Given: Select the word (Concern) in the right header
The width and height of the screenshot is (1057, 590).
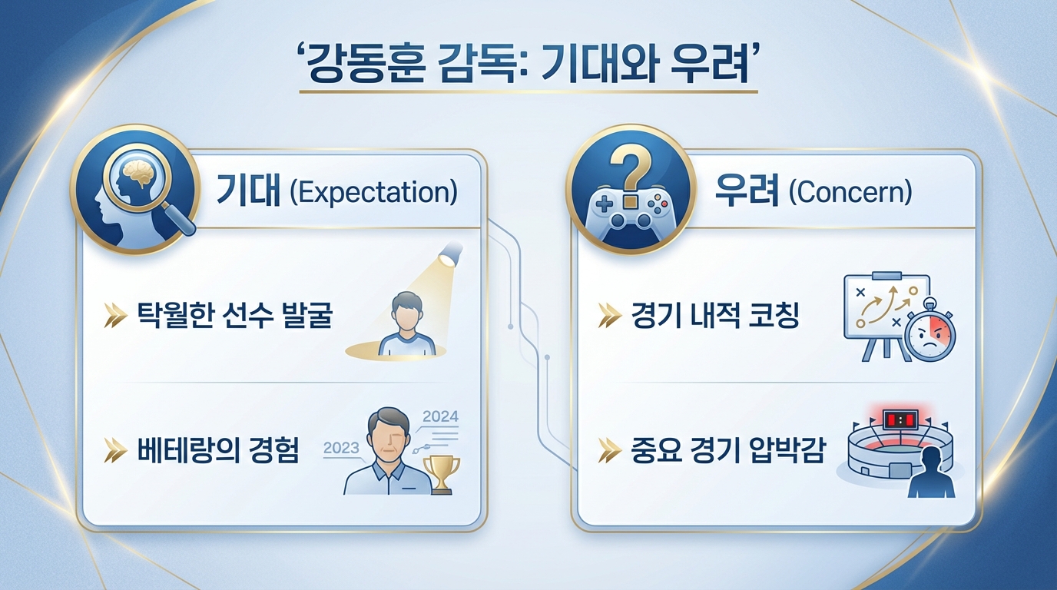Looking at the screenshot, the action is [x=850, y=193].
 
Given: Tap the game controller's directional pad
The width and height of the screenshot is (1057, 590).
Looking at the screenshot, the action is [x=605, y=204].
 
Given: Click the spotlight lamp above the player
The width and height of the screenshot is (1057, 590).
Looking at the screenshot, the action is [x=451, y=254].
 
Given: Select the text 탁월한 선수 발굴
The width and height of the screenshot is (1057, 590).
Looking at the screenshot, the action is [x=235, y=315].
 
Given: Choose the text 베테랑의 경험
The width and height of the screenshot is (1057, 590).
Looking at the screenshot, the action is [x=218, y=450].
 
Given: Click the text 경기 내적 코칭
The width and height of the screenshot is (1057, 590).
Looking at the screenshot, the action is [x=715, y=315].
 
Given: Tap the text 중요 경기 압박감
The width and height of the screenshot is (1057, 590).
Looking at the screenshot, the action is [x=728, y=450].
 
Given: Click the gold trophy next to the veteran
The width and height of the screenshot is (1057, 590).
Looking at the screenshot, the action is [x=442, y=474].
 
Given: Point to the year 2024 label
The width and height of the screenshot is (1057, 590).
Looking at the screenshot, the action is [x=440, y=416].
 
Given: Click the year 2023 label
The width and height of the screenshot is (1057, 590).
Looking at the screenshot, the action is [x=341, y=447].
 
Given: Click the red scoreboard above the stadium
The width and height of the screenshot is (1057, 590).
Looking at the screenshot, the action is [x=901, y=419].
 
